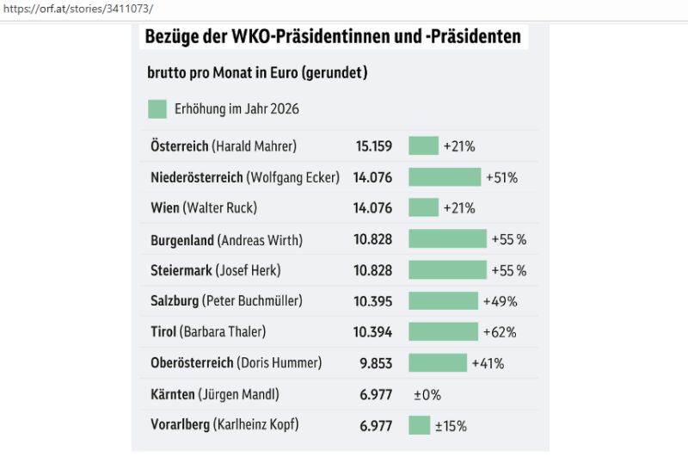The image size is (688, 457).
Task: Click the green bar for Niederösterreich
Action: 444,177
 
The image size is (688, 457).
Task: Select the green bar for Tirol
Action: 443,332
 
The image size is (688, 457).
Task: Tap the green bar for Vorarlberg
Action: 419,425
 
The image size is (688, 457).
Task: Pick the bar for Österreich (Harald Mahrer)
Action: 423,146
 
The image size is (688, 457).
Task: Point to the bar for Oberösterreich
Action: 437,363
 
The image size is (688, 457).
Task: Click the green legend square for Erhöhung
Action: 157,109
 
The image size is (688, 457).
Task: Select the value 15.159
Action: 375,146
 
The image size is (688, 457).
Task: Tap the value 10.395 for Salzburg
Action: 375,301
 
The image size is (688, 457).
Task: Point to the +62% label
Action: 499,332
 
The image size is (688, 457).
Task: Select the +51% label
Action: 501,177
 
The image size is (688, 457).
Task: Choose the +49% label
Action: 499,301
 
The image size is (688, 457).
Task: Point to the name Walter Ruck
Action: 219,208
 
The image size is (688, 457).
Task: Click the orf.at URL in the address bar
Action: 77,9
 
